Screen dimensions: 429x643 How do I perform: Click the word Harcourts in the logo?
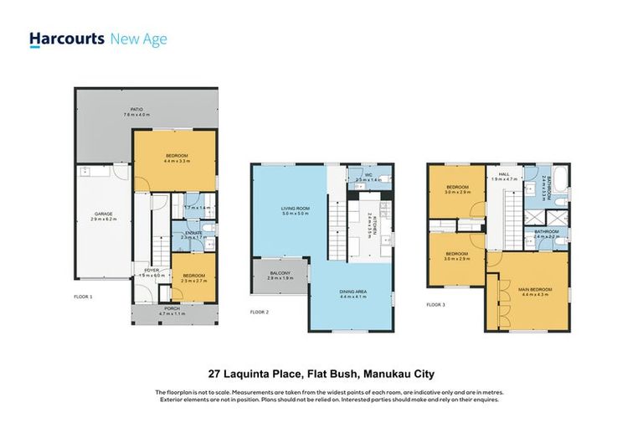click(67, 39)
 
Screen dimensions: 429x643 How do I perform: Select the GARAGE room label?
click(102, 215)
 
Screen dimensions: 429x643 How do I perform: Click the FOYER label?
click(152, 272)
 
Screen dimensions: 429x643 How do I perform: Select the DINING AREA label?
click(352, 293)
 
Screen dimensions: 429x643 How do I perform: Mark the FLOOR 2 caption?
click(260, 312)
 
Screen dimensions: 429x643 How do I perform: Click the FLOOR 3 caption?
click(435, 304)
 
